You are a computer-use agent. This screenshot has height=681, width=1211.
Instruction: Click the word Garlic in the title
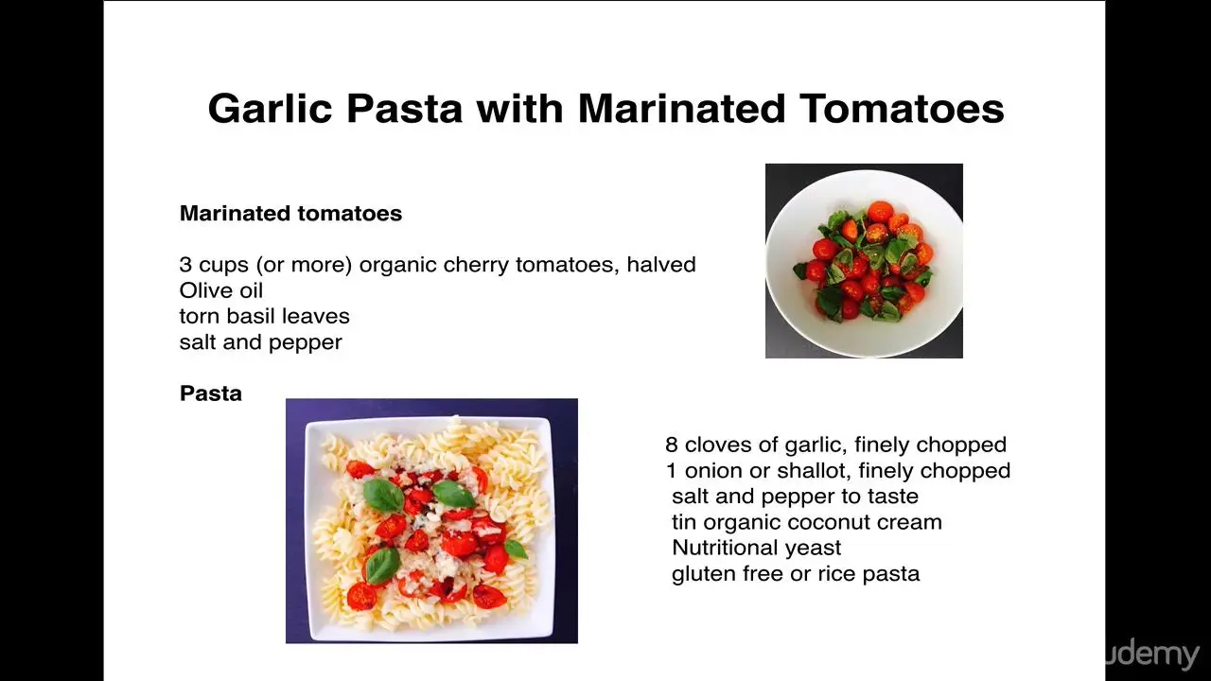[270, 109]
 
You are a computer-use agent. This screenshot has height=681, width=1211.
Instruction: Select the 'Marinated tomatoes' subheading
[290, 214]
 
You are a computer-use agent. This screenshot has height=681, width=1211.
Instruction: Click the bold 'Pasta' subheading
[211, 393]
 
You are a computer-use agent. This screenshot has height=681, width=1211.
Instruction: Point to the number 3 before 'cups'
[185, 265]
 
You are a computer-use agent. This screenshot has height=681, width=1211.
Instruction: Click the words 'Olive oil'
[221, 290]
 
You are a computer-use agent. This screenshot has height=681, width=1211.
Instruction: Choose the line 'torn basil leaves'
[264, 316]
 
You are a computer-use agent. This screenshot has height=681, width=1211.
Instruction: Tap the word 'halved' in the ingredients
[661, 265]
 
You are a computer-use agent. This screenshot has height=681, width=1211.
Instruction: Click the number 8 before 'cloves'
[672, 445]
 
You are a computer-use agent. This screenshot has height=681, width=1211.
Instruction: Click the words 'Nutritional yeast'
[756, 548]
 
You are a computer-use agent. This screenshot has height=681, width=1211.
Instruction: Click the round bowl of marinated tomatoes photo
[864, 261]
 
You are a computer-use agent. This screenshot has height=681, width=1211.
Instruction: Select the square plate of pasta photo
[431, 521]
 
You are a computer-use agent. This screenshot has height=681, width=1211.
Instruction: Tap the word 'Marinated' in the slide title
[681, 109]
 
